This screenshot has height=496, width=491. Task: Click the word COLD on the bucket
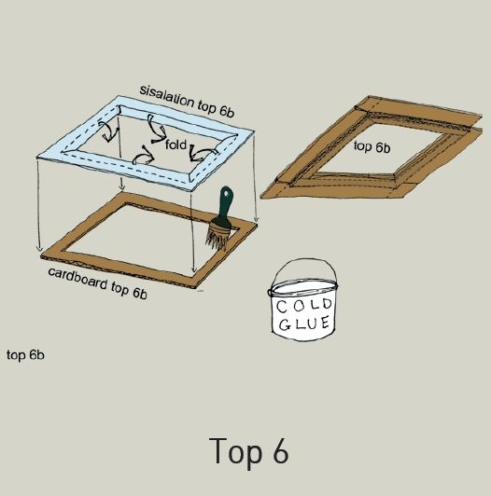(x=303, y=305)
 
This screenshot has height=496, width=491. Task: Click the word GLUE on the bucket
(x=304, y=324)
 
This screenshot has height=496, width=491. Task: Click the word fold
(x=175, y=145)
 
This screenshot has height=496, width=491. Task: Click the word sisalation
(x=167, y=95)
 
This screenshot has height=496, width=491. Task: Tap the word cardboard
(x=77, y=279)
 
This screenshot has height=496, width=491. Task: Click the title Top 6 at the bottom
(x=249, y=451)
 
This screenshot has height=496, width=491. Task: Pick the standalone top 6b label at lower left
(x=25, y=355)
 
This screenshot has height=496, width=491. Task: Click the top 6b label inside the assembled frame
(x=372, y=147)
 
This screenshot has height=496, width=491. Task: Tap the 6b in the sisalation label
(x=226, y=111)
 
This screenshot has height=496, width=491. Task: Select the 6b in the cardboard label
(x=139, y=293)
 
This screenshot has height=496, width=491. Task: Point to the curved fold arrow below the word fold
(x=143, y=156)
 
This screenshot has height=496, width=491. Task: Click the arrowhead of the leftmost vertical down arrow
(x=39, y=249)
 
